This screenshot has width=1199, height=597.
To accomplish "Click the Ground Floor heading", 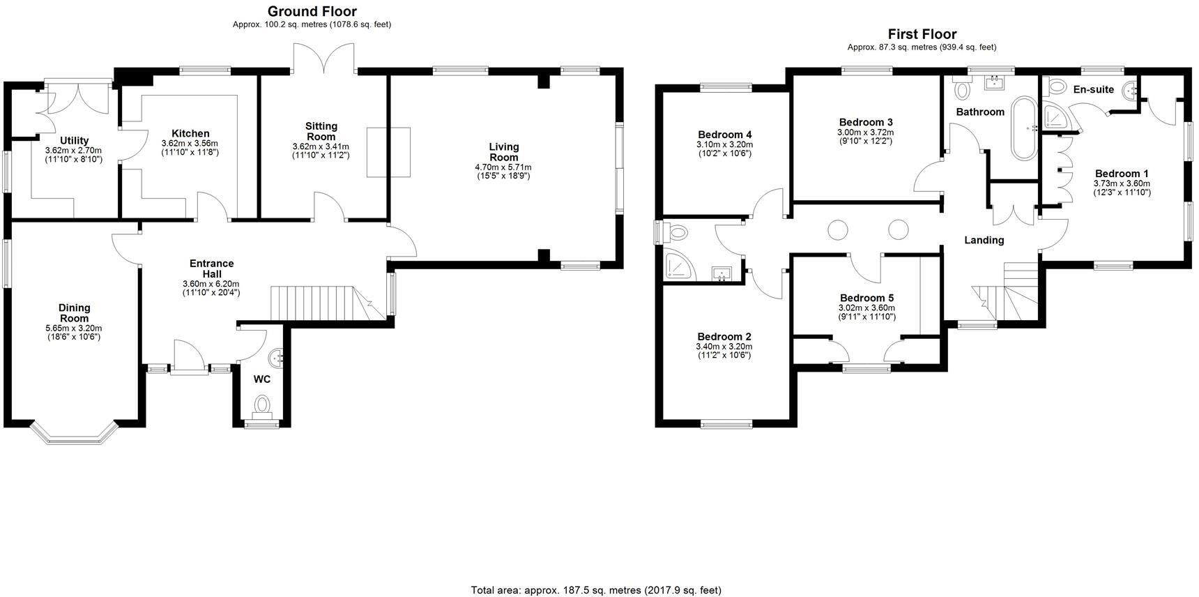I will pyautogui.click(x=312, y=11).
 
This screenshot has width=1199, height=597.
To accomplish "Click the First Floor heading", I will pyautogui.click(x=922, y=34).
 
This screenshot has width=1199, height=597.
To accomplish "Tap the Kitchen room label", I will pyautogui.click(x=190, y=134).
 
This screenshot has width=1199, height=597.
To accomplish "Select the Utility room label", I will pyautogui.click(x=74, y=141).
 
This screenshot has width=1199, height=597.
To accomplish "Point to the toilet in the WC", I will pyautogui.click(x=262, y=405).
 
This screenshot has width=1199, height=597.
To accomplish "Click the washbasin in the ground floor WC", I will pyautogui.click(x=280, y=358).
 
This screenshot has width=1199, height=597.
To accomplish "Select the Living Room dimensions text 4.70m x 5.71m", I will pyautogui.click(x=503, y=167).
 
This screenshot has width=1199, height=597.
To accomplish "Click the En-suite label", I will pyautogui.click(x=1093, y=89).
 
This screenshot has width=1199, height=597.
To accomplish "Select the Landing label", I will pyautogui.click(x=984, y=240).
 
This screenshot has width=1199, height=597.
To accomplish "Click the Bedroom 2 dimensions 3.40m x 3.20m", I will pyautogui.click(x=724, y=347).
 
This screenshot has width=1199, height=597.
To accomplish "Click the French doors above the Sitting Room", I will pyautogui.click(x=324, y=59).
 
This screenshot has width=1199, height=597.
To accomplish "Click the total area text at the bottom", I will pyautogui.click(x=596, y=590).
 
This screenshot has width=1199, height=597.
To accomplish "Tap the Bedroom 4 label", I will pyautogui.click(x=724, y=135).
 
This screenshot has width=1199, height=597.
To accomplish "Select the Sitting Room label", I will pyautogui.click(x=321, y=131).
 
